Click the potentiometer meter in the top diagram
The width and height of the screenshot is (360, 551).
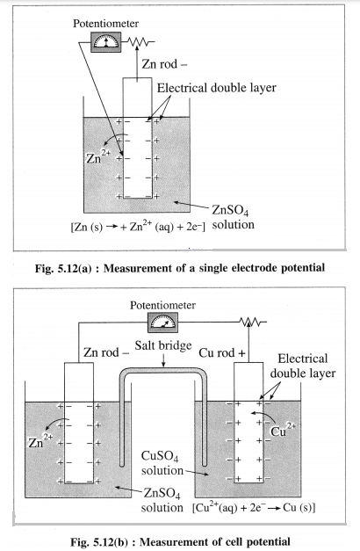coord(106,42)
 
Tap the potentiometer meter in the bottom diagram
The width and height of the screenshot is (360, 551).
coord(162,323)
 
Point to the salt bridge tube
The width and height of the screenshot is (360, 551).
coord(163,372)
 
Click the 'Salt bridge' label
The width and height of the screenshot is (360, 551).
coord(163,345)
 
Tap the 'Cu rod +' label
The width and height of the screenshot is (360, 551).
coord(222,352)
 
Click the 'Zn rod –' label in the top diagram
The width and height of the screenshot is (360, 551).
coord(164,64)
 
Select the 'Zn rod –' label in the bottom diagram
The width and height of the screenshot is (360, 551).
coord(106,352)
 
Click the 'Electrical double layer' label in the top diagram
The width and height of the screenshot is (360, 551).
coord(216,88)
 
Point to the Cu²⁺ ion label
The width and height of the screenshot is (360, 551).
coord(283,430)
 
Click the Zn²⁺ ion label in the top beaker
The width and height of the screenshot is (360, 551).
coord(98,156)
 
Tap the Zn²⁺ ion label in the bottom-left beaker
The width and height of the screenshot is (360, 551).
coord(40,440)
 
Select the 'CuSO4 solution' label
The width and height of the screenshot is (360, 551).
coord(162,463)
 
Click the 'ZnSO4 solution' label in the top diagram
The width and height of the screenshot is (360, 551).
coord(233,218)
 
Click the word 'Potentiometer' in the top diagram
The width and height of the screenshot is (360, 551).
coord(105,24)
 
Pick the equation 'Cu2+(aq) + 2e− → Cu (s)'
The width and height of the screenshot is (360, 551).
coord(254,508)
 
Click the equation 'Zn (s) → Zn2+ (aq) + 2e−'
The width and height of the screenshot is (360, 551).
coord(138,227)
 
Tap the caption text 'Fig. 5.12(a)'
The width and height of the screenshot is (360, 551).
coord(63,268)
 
